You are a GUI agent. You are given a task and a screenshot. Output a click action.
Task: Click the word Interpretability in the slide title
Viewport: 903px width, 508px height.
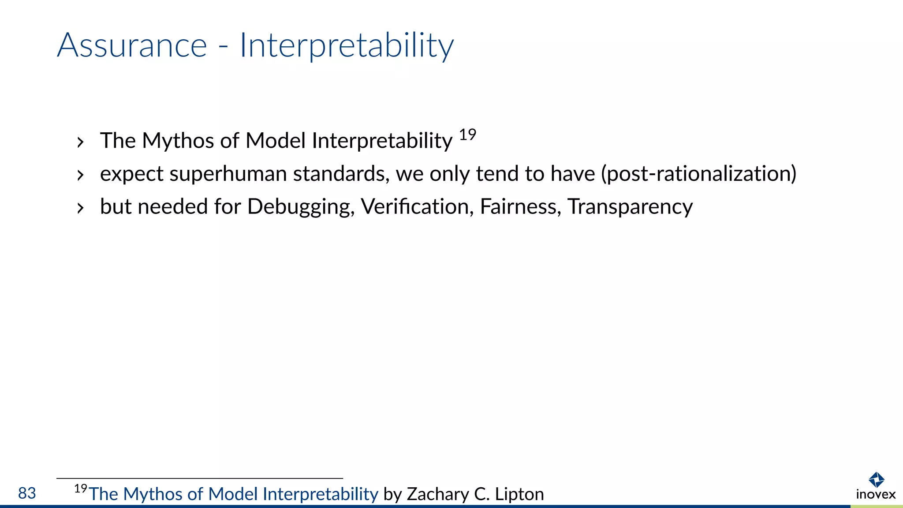[x=346, y=46]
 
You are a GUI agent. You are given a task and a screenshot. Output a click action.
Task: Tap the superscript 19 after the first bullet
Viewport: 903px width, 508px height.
[x=467, y=134]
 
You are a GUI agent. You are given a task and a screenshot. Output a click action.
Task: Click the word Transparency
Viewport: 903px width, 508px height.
[x=630, y=207]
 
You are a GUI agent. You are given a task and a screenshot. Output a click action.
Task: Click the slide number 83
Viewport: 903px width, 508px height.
[x=27, y=493]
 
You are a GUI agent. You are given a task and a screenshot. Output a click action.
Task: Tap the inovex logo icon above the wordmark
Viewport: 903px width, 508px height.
[x=876, y=480]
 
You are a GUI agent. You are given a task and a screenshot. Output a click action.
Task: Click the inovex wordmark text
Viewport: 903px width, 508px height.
[x=876, y=494]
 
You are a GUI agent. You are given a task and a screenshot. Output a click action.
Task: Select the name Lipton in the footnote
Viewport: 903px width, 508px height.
[x=519, y=494]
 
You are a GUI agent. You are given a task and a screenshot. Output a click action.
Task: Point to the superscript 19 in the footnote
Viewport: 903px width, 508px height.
[x=80, y=489]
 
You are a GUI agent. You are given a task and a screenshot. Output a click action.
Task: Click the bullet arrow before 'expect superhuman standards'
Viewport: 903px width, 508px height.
[x=80, y=176]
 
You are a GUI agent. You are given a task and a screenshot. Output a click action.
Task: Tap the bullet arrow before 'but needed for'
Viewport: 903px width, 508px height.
[x=80, y=208]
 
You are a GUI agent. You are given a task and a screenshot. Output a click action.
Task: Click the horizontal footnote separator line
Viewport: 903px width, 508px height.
[x=199, y=478]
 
